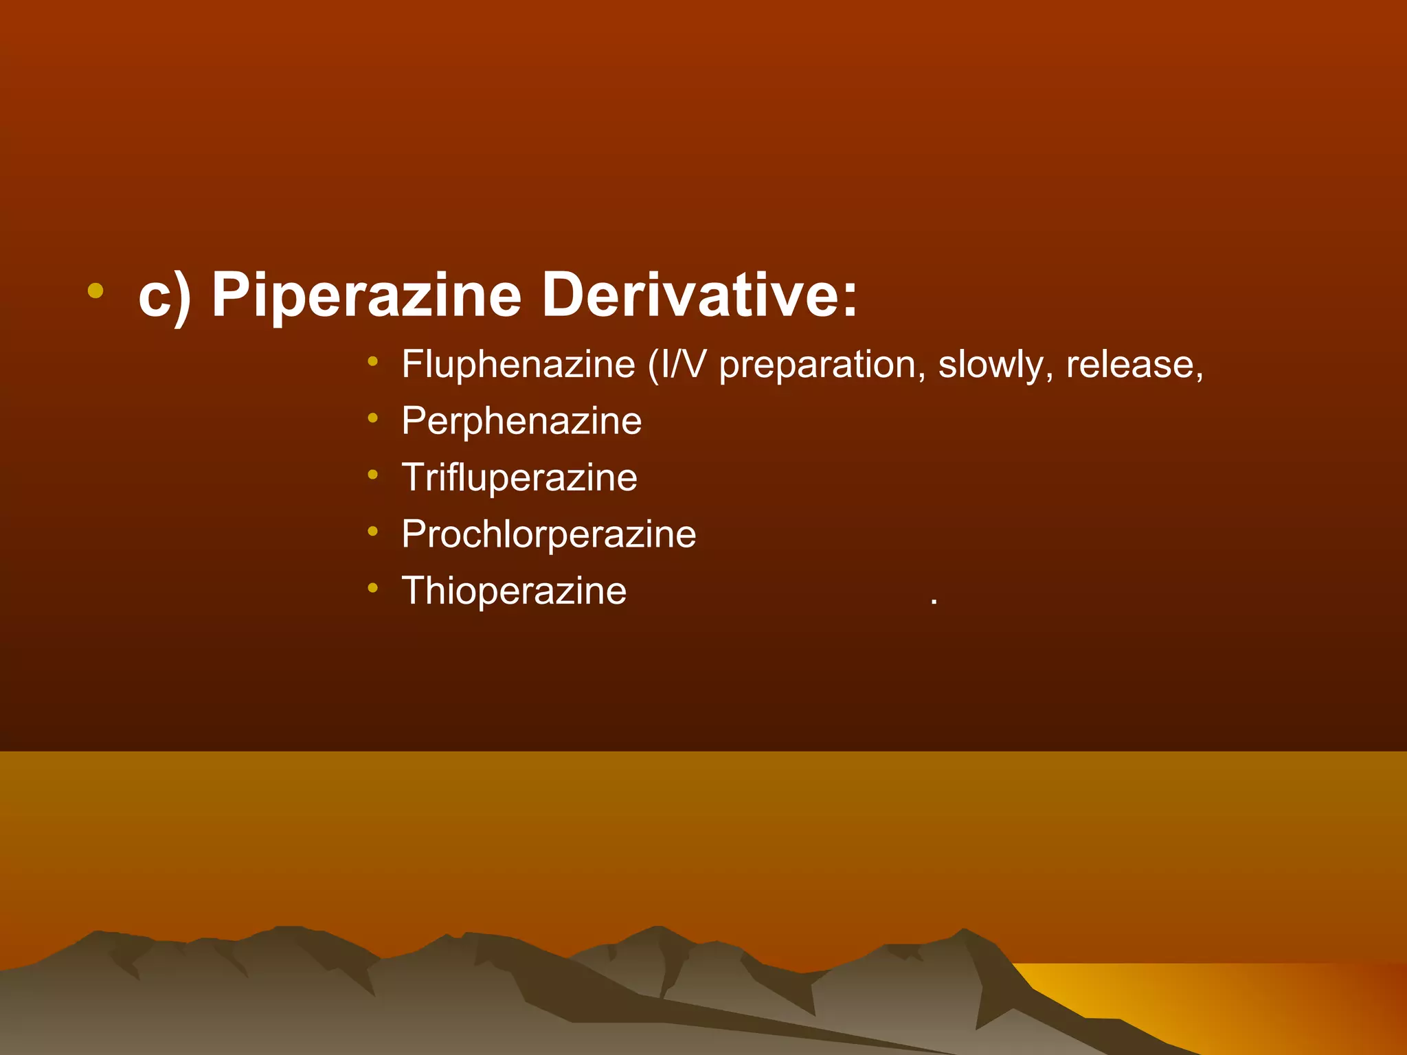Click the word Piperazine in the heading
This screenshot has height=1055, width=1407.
pyautogui.click(x=366, y=295)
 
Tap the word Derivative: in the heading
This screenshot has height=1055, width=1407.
pyautogui.click(x=699, y=295)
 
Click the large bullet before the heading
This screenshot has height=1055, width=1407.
pyautogui.click(x=95, y=291)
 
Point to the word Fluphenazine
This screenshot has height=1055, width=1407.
pyautogui.click(x=519, y=364)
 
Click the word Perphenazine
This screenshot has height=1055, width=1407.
pyautogui.click(x=521, y=421)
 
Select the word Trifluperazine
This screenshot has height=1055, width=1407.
pyautogui.click(x=519, y=477)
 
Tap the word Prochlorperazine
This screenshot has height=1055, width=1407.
pyautogui.click(x=549, y=534)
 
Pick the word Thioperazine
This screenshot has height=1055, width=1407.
pyautogui.click(x=514, y=591)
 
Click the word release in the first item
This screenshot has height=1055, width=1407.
pyautogui.click(x=1130, y=364)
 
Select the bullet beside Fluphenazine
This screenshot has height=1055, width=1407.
pyautogui.click(x=372, y=361)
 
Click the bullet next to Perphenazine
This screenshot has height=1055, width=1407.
pyautogui.click(x=372, y=418)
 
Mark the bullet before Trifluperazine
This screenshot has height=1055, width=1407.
pyautogui.click(x=372, y=474)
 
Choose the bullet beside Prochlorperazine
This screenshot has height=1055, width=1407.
pyautogui.click(x=372, y=530)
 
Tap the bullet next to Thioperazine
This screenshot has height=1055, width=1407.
pyautogui.click(x=372, y=587)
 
